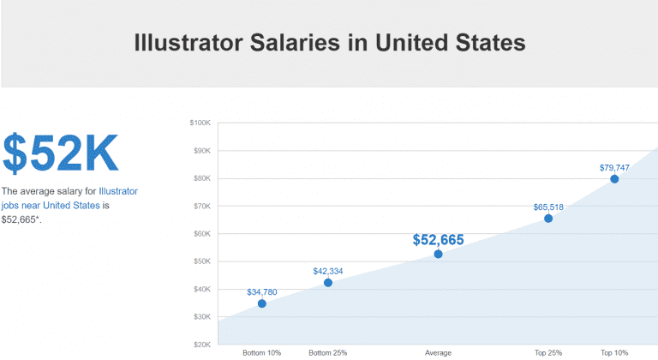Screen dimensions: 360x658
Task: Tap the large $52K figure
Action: (60, 153)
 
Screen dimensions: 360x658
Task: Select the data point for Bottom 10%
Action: (262, 303)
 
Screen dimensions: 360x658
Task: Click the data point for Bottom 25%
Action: (328, 283)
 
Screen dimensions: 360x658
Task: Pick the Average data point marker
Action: (438, 254)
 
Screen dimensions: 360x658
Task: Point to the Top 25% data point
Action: (548, 219)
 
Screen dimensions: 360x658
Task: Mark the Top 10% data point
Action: (614, 179)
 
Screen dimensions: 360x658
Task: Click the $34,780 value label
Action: (262, 292)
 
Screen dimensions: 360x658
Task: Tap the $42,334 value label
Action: (328, 271)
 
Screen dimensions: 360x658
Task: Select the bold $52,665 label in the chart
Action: (438, 240)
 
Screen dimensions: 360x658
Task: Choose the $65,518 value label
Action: (548, 207)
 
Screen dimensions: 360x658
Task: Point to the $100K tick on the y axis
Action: (200, 123)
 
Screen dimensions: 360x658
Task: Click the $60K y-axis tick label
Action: (201, 234)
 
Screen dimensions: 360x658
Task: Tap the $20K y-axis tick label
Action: (201, 345)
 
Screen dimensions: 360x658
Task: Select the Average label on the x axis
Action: (438, 353)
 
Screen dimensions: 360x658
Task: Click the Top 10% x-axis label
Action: (614, 353)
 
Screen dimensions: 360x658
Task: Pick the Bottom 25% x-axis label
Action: (328, 353)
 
